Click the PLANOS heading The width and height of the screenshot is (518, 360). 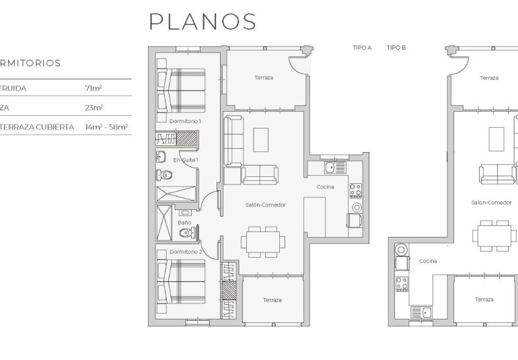[202, 22]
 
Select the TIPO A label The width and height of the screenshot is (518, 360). [362, 48]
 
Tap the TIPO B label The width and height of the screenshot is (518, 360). [396, 48]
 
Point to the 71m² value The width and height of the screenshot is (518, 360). [93, 87]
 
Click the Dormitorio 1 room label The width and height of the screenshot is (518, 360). [185, 120]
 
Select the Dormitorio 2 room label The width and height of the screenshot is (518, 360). [186, 251]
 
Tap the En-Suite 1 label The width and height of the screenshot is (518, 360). [186, 160]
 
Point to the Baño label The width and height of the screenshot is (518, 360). [184, 222]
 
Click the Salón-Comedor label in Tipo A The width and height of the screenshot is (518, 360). [261, 204]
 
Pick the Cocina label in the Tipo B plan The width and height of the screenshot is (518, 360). [428, 261]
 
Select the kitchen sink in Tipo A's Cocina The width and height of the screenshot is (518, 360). [330, 167]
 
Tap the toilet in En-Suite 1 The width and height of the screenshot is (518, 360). [162, 176]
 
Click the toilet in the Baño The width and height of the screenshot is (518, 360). [190, 233]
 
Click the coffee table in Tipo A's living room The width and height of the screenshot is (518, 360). [260, 139]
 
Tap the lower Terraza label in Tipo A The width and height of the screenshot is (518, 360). [272, 299]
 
